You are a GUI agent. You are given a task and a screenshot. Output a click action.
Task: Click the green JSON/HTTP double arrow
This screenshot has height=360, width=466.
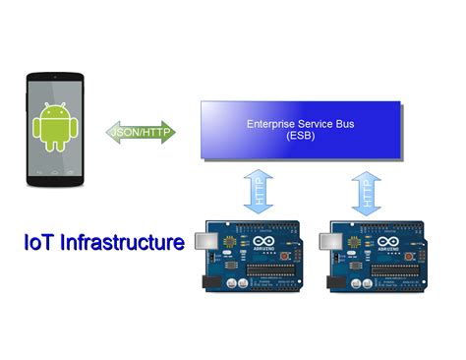(141, 132)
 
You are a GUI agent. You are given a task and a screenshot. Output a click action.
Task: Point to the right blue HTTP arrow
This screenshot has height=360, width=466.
(365, 188)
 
